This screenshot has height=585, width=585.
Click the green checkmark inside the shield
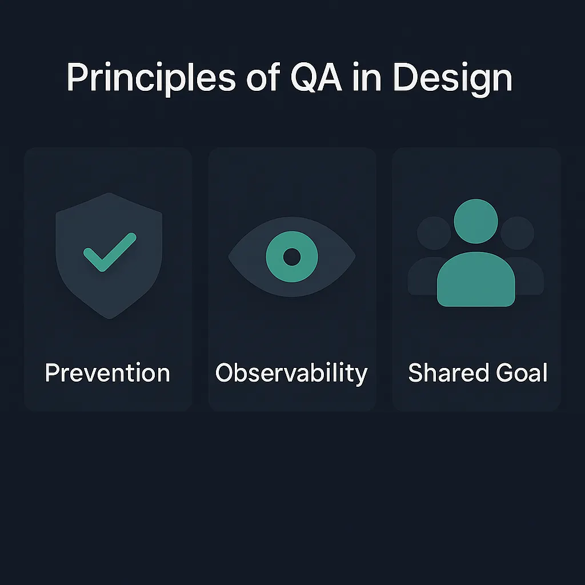coord(109,251)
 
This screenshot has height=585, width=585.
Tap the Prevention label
coord(107,373)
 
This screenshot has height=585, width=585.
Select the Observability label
coord(291,373)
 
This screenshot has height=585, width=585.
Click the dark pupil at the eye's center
coord(292,257)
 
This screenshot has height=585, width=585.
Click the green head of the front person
coord(475,221)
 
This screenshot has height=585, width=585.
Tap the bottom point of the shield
coord(109,318)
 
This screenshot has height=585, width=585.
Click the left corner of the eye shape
coord(230,257)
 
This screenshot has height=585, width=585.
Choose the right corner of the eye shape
coord(354,257)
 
